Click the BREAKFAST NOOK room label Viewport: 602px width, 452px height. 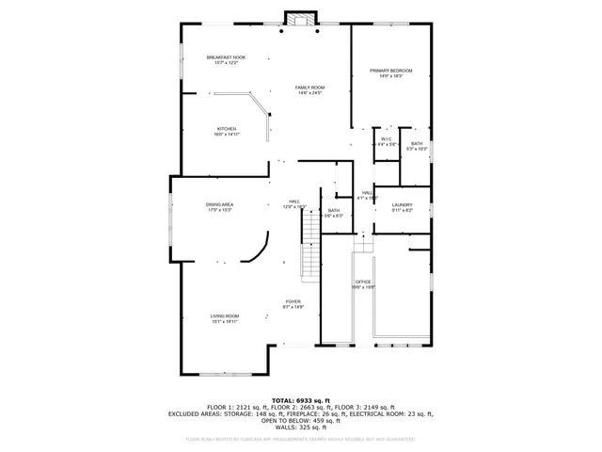click(226, 57)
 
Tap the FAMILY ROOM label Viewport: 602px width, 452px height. click(310, 88)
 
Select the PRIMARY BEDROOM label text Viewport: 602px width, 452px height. click(390, 71)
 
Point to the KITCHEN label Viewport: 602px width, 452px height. click(227, 129)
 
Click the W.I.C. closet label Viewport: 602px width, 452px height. click(387, 139)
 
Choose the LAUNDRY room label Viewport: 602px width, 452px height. click(402, 204)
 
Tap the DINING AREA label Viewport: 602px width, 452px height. click(220, 204)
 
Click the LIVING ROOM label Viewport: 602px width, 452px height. click(224, 316)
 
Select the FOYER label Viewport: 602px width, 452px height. click(293, 302)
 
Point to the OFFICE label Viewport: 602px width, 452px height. click(363, 282)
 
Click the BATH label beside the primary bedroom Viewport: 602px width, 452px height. click(417, 143)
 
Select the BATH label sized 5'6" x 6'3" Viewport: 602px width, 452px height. click(334, 211)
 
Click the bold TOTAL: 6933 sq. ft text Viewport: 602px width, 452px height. click(301, 399)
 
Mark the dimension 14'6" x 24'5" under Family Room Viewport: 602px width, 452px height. click(310, 93)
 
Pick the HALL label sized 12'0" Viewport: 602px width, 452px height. click(294, 201)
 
